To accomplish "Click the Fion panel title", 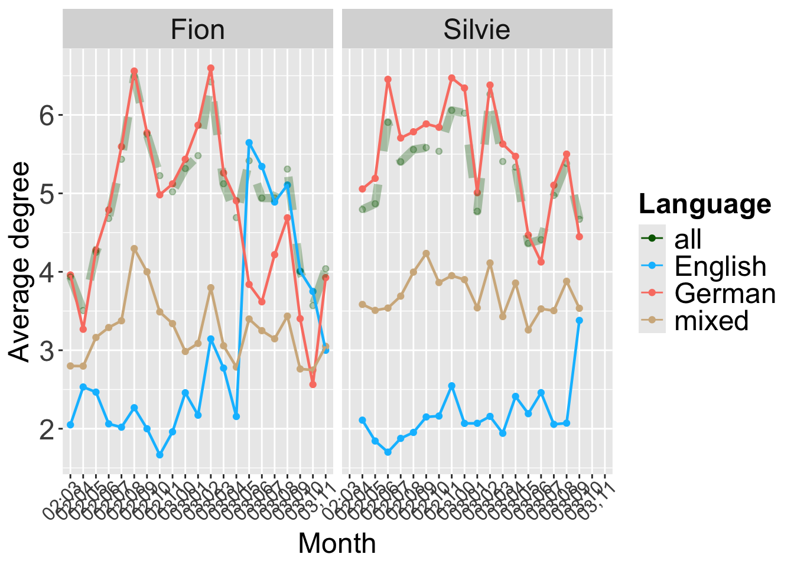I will point(197,30).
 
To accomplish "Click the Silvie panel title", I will point(477,30).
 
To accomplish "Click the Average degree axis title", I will point(20,261).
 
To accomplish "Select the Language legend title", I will point(705,204).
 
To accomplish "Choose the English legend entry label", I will point(720,267).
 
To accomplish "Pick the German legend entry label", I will point(725,294).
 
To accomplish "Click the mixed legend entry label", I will point(711,321).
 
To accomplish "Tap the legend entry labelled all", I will point(688,239).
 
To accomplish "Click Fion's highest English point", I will point(249,142).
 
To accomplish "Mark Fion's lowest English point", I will point(160,455).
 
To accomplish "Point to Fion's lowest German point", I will point(313,384).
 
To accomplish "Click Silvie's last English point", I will point(580,320).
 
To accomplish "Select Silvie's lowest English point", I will point(388,452).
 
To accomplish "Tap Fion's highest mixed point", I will point(134,249).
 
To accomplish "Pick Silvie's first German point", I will point(362,189).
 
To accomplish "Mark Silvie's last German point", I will point(580,236).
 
